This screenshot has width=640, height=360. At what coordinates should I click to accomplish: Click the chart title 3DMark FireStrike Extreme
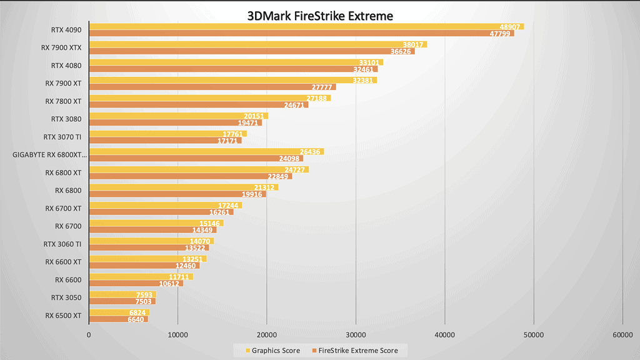click(320, 15)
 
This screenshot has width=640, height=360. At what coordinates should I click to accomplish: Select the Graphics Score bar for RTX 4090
click(306, 27)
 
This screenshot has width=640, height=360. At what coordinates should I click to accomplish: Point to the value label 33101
click(371, 62)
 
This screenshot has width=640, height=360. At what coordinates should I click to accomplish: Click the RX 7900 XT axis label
click(63, 83)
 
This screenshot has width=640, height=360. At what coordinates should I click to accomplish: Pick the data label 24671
click(296, 105)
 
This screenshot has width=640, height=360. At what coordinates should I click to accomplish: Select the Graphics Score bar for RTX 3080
click(178, 116)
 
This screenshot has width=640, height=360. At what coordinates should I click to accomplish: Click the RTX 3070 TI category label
click(62, 137)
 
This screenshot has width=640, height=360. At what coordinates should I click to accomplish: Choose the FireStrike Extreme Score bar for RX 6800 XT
click(190, 176)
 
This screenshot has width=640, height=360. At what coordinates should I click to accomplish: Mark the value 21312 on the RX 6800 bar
click(266, 187)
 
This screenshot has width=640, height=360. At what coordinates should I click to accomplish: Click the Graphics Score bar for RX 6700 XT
click(165, 205)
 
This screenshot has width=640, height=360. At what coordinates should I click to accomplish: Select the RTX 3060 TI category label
click(62, 244)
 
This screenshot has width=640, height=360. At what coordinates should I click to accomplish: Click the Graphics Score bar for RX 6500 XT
click(119, 312)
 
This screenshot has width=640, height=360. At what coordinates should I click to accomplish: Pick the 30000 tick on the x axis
click(356, 336)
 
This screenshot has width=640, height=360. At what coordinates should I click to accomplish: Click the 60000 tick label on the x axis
click(622, 336)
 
